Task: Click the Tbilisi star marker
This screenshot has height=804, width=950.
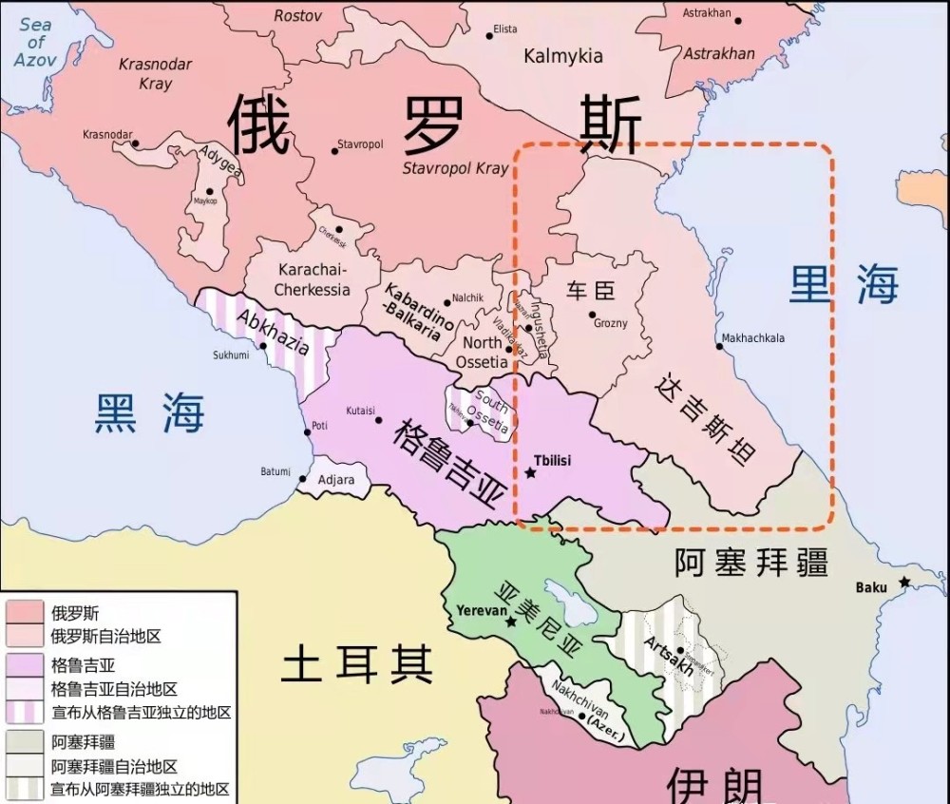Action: click(x=530, y=473)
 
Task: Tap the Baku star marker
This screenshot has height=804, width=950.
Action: click(x=905, y=582)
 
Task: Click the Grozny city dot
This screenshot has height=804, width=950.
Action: click(x=592, y=315)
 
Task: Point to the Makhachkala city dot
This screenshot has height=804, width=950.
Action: click(x=720, y=346)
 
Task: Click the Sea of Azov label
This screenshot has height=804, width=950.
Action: click(x=36, y=42)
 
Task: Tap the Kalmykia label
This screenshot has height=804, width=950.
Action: click(x=563, y=56)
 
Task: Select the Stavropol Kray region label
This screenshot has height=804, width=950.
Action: click(x=456, y=168)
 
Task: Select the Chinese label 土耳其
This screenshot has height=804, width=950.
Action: click(x=356, y=664)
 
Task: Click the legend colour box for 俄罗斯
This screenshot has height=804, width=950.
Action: click(x=27, y=612)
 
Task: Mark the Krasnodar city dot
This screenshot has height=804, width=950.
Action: click(x=135, y=144)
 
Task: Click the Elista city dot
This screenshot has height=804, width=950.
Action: click(x=490, y=36)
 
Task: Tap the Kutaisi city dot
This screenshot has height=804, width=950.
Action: click(x=379, y=419)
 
